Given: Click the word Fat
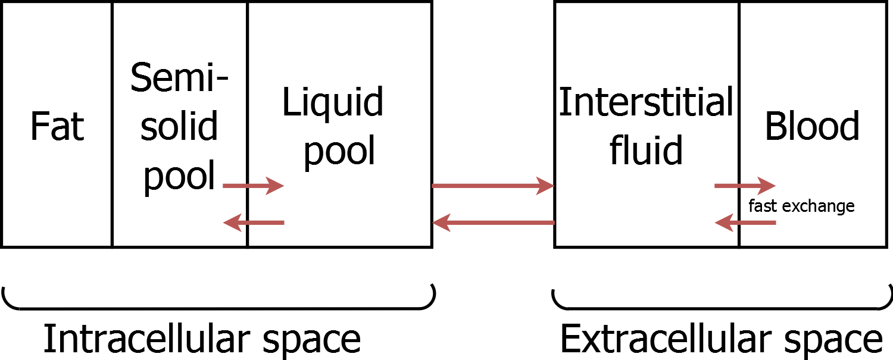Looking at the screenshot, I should tap(57, 127).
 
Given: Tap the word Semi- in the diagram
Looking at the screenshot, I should tap(179, 77).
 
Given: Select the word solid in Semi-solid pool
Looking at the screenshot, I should tap(179, 127).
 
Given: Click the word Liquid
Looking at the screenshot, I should tap(333, 102).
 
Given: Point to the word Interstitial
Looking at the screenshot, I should tap(646, 102).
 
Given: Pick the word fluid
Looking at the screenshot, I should tap(646, 150).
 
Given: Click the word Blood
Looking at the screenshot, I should tap(812, 127).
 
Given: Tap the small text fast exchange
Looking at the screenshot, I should tap(801, 206).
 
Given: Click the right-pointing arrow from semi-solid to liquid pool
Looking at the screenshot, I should tap(254, 186).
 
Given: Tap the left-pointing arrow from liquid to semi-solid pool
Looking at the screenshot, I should tap(254, 223).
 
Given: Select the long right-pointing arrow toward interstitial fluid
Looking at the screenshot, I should tap(493, 186).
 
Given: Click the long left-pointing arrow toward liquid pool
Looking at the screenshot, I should tap(493, 223).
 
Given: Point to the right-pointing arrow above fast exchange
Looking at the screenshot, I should tap(745, 186).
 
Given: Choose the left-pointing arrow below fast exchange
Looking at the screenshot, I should tap(745, 223).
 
